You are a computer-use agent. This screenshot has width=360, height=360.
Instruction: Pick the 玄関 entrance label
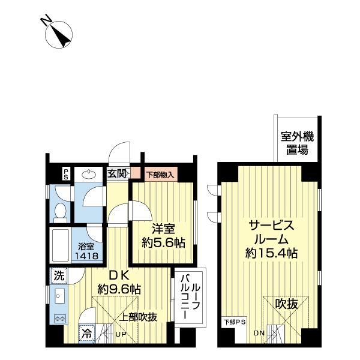[x=117, y=174]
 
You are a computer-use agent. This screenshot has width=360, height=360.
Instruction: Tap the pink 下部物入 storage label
[x=160, y=175]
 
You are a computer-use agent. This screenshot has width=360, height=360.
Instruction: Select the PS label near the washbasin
[x=66, y=173]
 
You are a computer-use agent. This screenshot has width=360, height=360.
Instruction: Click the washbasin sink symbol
[x=90, y=174]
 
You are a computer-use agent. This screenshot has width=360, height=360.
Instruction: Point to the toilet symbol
[x=60, y=211]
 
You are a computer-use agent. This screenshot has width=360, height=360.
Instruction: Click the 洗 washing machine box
[x=58, y=276]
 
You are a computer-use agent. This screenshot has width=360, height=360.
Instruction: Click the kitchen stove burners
[x=61, y=317]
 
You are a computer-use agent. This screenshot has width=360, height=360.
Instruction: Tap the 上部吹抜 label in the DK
[x=139, y=317]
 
